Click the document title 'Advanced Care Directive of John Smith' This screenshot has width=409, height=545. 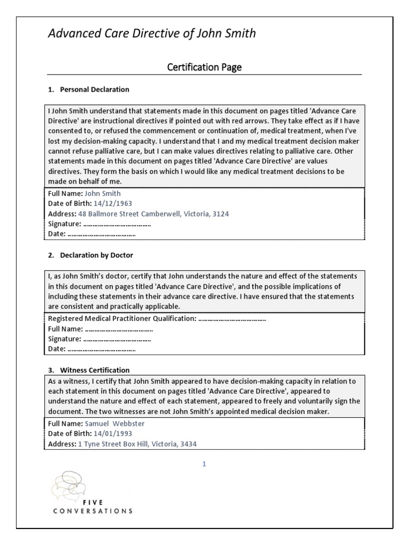coord(152,34)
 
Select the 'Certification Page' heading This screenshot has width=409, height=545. coord(204,67)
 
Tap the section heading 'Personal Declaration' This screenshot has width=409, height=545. coord(94,89)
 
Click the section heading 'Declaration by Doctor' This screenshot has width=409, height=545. coord(96,255)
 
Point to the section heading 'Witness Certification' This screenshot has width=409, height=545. coord(94,370)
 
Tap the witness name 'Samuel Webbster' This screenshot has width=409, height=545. coord(114,424)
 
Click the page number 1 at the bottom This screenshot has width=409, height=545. coord(204,464)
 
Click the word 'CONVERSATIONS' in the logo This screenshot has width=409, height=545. coord(93,511)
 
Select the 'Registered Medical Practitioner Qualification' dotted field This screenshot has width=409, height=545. coord(232,319)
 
